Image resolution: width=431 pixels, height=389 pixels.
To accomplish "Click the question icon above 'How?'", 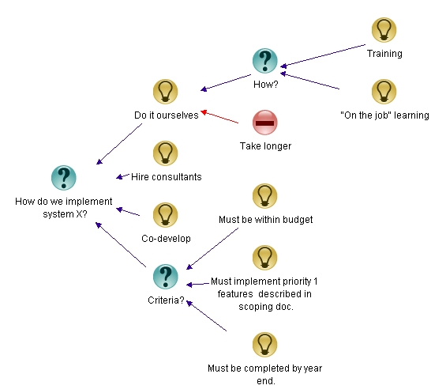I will pyautogui.click(x=264, y=61).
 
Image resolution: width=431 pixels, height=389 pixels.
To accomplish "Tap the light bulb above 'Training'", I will pyautogui.click(x=384, y=30).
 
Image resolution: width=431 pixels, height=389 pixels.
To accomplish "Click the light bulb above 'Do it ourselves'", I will pyautogui.click(x=164, y=91).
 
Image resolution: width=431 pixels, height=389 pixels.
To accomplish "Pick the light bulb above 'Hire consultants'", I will pyautogui.click(x=164, y=153).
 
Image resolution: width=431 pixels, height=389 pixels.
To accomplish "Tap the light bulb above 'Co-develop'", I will pyautogui.click(x=164, y=214).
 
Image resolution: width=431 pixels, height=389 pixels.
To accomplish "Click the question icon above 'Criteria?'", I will pyautogui.click(x=164, y=276).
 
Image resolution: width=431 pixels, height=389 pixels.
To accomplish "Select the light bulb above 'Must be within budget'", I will pyautogui.click(x=264, y=195).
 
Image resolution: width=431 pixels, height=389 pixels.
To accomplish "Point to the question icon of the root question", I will pyautogui.click(x=63, y=178).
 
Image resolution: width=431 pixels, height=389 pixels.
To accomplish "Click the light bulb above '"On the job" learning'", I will pyautogui.click(x=384, y=91).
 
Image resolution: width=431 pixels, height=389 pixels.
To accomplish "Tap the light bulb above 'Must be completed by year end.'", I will pyautogui.click(x=264, y=344).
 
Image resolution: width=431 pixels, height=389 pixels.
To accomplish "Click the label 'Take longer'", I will pyautogui.click(x=265, y=146).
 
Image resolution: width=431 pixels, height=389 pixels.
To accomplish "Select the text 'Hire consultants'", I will pyautogui.click(x=166, y=176).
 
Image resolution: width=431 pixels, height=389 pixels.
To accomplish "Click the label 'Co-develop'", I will pyautogui.click(x=166, y=238).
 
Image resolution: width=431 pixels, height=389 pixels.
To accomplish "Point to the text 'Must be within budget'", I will pyautogui.click(x=265, y=219).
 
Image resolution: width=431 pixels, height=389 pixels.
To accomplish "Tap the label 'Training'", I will pyautogui.click(x=384, y=54).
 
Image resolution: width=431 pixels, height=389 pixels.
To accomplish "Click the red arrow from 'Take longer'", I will pyautogui.click(x=220, y=117).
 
